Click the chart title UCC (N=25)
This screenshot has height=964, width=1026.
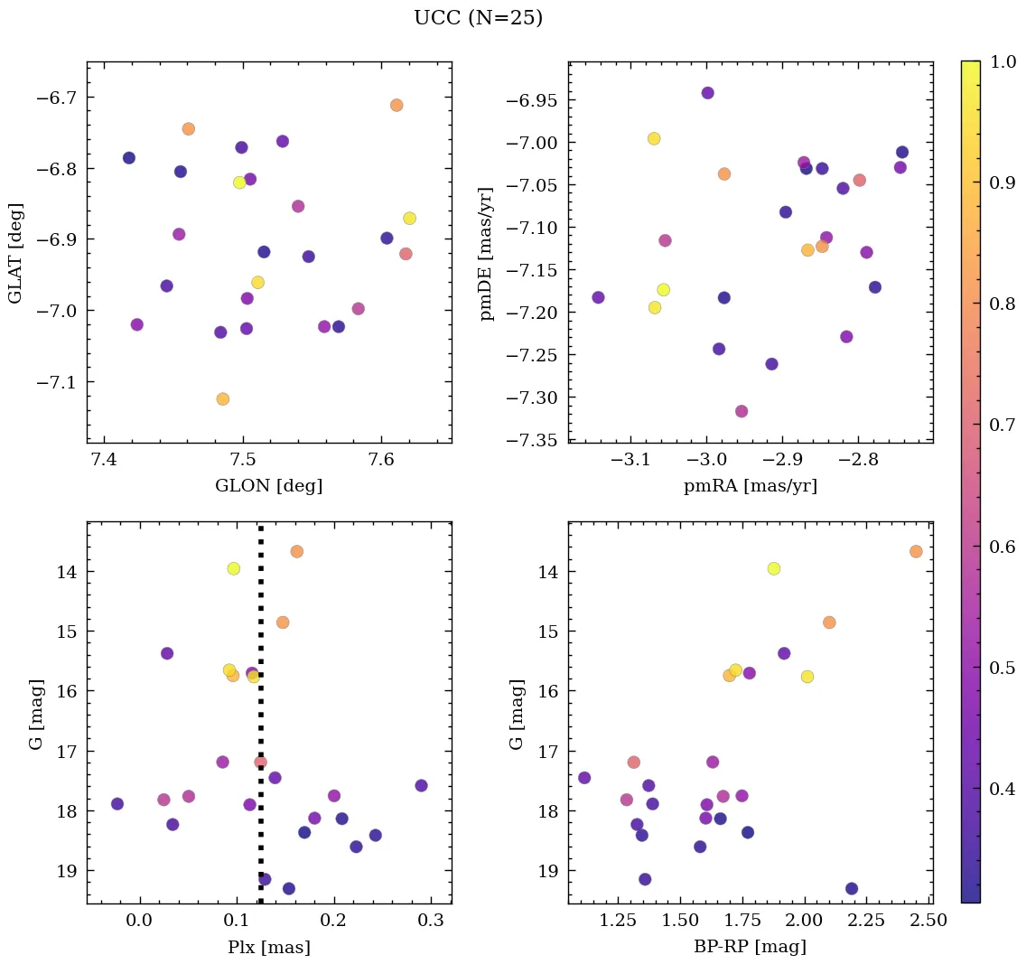478,18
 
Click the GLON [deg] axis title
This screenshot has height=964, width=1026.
268,486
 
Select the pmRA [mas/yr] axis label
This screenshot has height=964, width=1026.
750,486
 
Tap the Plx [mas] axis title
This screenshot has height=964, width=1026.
268,947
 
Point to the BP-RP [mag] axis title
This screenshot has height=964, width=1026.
750,947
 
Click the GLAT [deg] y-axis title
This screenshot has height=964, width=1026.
15,252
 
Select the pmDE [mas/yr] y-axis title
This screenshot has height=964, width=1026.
488,252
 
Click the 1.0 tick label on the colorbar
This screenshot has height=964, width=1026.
1001,62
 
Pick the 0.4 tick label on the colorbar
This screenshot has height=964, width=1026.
1001,789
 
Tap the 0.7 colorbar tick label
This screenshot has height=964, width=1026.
1001,426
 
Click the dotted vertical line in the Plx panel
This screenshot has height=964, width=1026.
261,723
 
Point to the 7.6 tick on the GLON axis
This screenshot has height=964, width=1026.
381,461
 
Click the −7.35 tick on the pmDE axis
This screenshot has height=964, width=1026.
537,440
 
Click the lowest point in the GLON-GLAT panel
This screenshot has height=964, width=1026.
223,398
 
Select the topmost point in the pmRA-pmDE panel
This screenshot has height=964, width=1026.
707,93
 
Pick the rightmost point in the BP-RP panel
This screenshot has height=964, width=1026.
916,551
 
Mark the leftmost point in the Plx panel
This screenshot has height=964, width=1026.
117,803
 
